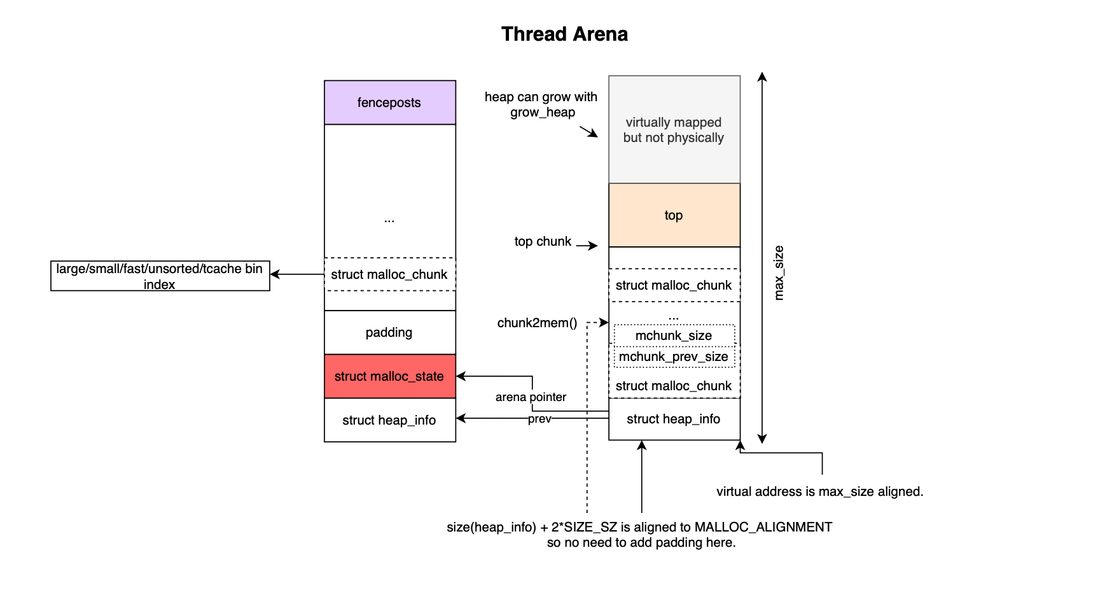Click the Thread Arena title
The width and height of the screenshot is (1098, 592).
564,34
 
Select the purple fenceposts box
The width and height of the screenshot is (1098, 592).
389,102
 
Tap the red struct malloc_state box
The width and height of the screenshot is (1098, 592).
389,376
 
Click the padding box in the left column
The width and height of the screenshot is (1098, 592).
389,332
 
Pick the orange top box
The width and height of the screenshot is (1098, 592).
674,215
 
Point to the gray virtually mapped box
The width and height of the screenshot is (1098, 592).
674,130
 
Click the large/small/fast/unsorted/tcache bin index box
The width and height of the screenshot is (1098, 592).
160,276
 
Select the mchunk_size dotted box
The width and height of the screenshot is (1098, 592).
674,335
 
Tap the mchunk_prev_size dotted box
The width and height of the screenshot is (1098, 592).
674,356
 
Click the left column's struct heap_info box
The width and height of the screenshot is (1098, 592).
389,420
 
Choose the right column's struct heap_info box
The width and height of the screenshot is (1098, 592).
674,419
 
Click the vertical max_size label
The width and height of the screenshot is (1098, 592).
779,272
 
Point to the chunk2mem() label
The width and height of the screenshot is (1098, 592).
537,323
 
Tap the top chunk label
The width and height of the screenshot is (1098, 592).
543,241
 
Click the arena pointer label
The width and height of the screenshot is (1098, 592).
531,397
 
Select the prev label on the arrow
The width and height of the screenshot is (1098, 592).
539,419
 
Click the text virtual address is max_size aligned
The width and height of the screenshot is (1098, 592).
819,491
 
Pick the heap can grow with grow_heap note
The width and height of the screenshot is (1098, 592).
541,104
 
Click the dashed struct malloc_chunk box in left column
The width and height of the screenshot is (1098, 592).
389,274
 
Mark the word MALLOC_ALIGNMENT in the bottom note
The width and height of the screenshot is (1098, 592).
763,527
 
